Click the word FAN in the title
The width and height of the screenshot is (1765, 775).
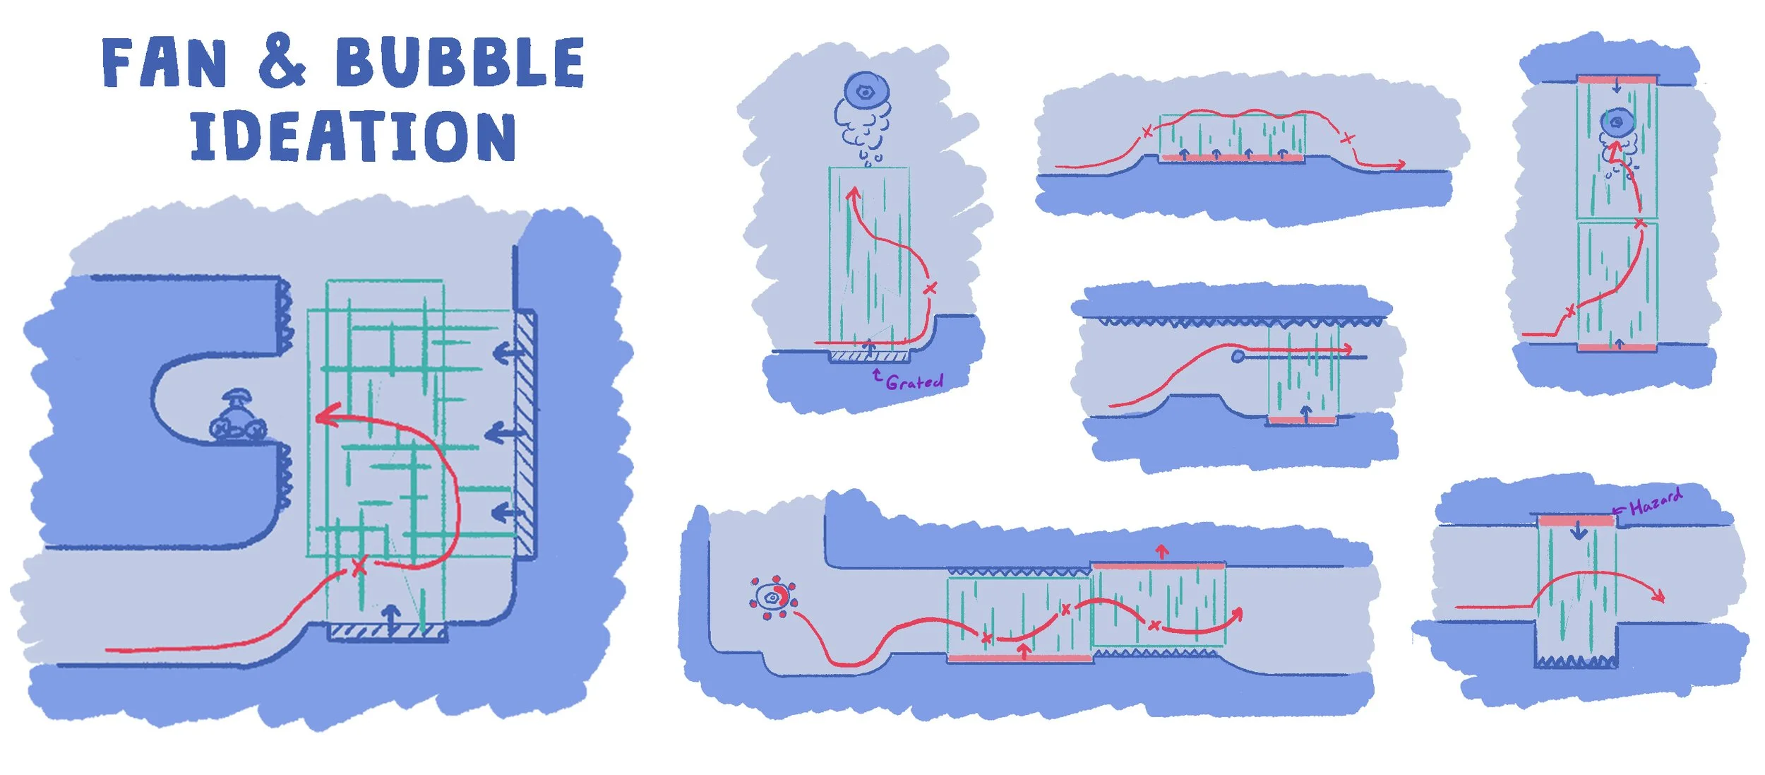point(164,64)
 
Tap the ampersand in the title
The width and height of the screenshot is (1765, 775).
point(282,61)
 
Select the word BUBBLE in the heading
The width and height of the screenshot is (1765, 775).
point(459,64)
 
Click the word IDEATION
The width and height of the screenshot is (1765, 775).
point(353,136)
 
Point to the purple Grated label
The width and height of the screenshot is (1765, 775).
point(914,382)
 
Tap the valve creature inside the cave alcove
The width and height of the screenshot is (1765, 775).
point(238,418)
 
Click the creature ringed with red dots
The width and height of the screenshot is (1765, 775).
point(772,598)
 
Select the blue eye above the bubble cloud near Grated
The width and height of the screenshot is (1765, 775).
point(866,92)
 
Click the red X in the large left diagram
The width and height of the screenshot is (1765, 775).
point(359,566)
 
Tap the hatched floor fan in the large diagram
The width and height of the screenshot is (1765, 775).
point(388,631)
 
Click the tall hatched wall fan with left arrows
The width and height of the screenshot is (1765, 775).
point(525,434)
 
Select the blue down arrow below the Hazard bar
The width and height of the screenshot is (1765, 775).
point(1579,532)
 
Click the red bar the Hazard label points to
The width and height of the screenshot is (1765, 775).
point(1576,521)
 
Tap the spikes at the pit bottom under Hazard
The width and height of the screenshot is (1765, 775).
point(1576,662)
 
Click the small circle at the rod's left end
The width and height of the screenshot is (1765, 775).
point(1238,357)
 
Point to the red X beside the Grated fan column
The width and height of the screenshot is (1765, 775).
point(930,288)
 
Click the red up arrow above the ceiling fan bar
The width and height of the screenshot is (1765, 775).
point(1162,550)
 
